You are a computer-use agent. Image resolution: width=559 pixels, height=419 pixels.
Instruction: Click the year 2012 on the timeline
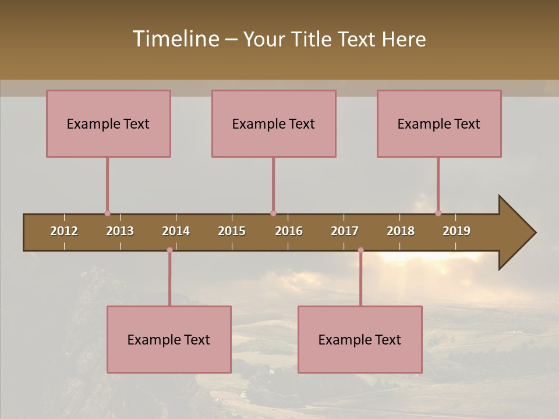tap(64, 231)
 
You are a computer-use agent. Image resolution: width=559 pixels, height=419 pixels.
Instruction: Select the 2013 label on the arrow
tap(120, 231)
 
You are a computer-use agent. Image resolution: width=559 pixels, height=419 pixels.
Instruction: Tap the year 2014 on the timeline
tap(176, 231)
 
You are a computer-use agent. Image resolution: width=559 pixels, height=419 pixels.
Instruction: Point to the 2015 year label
tap(232, 231)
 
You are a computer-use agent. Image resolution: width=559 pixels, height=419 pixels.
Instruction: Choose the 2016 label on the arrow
tap(289, 231)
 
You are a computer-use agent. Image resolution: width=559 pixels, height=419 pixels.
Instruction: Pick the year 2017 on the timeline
tap(345, 231)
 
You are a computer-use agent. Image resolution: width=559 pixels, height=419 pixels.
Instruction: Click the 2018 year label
tap(401, 231)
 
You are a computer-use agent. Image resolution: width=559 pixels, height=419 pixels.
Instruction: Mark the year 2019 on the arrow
tap(457, 231)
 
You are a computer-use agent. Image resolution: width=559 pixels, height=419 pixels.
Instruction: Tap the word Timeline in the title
tap(175, 39)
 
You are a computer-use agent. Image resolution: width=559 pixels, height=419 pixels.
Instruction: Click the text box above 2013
tap(108, 123)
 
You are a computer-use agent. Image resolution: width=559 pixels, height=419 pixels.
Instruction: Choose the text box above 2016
tap(274, 123)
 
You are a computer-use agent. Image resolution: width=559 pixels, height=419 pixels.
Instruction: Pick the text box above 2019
tap(439, 123)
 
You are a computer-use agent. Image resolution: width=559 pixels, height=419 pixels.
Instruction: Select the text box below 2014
tap(169, 339)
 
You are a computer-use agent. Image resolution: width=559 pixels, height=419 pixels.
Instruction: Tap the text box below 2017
tap(360, 339)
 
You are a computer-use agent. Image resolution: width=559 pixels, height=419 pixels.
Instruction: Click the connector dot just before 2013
tap(107, 213)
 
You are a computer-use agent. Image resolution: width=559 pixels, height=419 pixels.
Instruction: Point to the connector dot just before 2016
tap(273, 213)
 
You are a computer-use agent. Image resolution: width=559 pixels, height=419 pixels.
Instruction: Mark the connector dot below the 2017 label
tap(360, 250)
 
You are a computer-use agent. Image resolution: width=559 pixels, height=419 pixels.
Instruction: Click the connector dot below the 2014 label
tap(169, 250)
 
